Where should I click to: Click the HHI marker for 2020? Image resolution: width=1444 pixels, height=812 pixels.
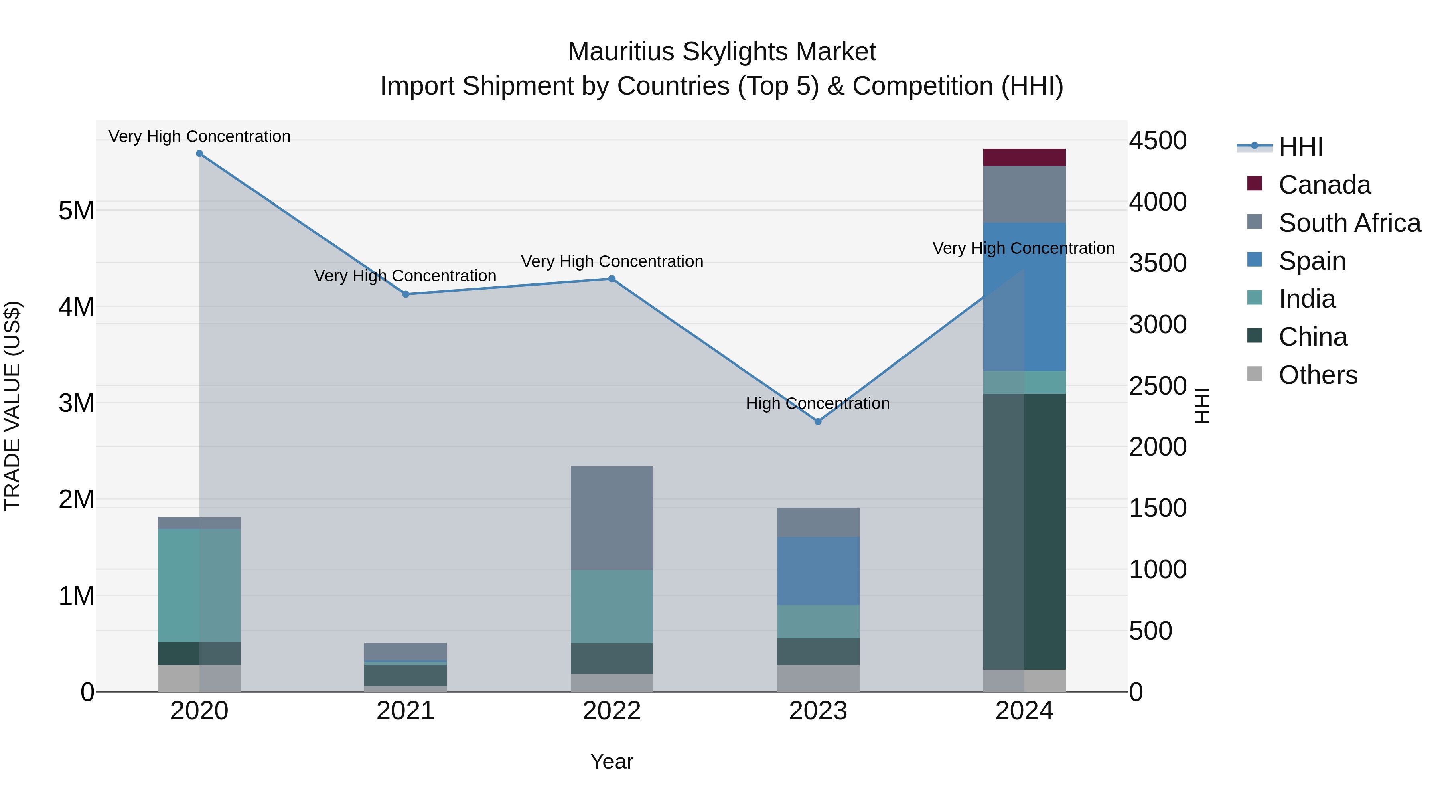200,154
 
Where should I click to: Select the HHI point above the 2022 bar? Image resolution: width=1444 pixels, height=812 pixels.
612,279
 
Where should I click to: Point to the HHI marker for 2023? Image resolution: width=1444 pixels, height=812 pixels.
818,421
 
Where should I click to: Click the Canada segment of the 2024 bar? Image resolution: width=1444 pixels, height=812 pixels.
1024,158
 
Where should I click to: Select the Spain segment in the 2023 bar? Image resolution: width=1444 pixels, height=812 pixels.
818,571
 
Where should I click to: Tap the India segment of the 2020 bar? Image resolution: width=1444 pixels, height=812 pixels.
200,585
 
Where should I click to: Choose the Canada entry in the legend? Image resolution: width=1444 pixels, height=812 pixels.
1324,185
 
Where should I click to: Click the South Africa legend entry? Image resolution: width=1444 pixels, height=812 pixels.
1349,223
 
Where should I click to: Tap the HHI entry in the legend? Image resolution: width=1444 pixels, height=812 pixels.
1300,147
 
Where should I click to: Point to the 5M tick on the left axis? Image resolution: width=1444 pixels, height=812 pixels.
76,211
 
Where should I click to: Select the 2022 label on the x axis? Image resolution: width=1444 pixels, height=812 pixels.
612,711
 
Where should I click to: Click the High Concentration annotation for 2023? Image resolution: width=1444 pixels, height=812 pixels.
818,403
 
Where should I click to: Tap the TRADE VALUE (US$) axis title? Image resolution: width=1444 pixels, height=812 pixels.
12,406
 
